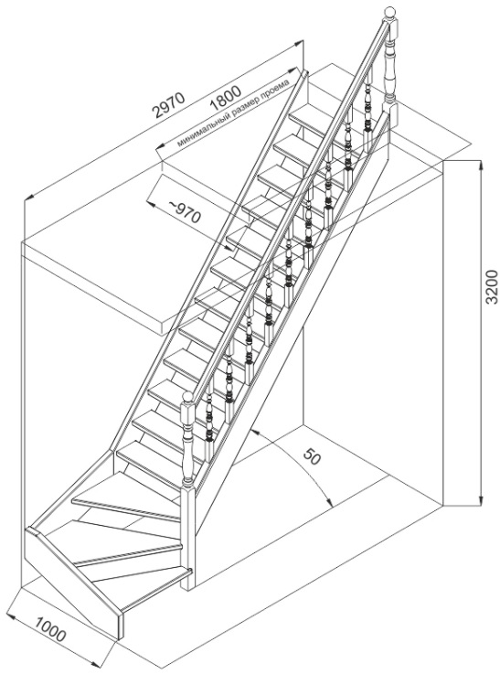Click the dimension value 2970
point(169,104)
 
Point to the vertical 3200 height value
point(491,287)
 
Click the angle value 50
point(312,456)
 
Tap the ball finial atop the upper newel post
point(389,13)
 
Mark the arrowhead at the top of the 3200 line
point(481,166)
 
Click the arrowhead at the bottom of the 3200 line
point(481,498)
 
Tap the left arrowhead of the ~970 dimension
point(152,202)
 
